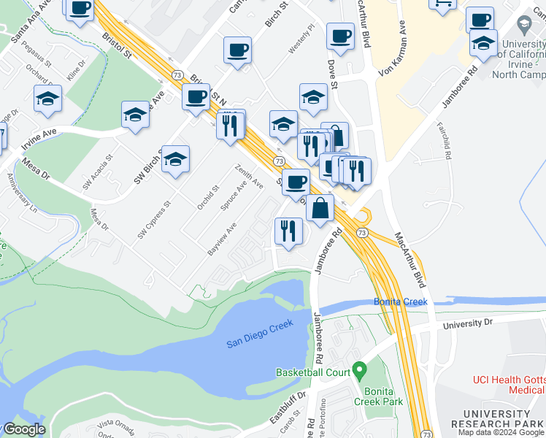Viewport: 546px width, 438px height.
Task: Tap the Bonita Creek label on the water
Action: coord(401,301)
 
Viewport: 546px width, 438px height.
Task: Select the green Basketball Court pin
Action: coord(358,370)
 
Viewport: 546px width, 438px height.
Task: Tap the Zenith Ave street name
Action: coord(248,176)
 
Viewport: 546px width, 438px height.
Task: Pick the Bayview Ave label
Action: coord(222,239)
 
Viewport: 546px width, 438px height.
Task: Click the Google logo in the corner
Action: coord(23,429)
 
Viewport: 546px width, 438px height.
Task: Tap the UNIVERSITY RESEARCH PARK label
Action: coord(497,419)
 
